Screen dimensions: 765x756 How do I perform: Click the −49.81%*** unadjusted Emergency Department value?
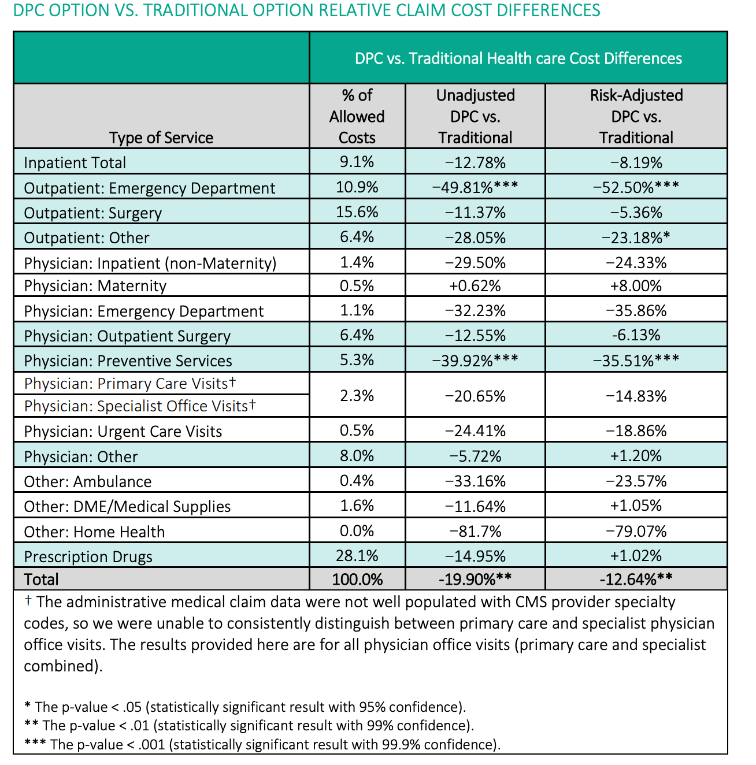(475, 187)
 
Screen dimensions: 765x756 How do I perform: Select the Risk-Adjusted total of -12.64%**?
(636, 579)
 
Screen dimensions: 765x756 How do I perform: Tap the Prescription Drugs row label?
(88, 556)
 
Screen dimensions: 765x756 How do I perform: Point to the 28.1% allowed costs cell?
(357, 556)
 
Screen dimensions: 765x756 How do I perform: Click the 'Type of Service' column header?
(161, 138)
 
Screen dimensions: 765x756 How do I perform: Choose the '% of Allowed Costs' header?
(357, 116)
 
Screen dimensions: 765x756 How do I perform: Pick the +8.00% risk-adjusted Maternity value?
(636, 285)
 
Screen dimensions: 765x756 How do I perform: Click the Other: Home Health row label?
(94, 532)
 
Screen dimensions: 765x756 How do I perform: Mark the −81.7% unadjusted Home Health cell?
(475, 531)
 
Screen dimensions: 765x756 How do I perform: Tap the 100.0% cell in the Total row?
(357, 579)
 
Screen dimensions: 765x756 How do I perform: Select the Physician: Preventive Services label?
(128, 361)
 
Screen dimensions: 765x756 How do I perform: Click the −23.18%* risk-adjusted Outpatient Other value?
(636, 237)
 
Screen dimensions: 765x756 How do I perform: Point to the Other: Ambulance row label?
(88, 481)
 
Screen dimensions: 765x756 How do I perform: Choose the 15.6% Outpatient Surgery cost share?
(357, 212)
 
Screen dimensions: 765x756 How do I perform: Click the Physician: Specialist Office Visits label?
(140, 406)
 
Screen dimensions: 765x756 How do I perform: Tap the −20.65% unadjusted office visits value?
(475, 396)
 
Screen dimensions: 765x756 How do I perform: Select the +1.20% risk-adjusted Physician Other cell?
(636, 456)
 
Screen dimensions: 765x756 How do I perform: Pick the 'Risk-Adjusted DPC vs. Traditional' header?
(636, 116)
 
